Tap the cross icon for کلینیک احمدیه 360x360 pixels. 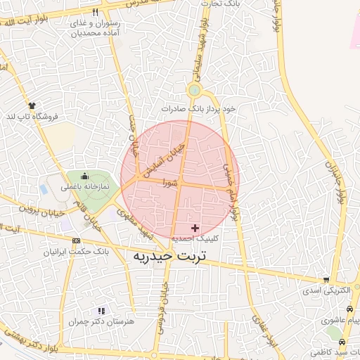tap(195, 228)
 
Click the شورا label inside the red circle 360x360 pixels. tap(169, 182)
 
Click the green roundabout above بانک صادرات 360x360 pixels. tap(194, 90)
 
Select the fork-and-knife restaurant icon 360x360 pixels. tap(95, 12)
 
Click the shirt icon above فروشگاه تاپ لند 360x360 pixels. tap(32, 105)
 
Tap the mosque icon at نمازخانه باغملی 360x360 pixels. tap(85, 176)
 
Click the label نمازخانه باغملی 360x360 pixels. tap(84, 187)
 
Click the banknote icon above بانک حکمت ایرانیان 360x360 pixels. tap(76, 241)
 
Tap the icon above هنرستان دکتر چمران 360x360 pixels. tap(102, 310)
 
